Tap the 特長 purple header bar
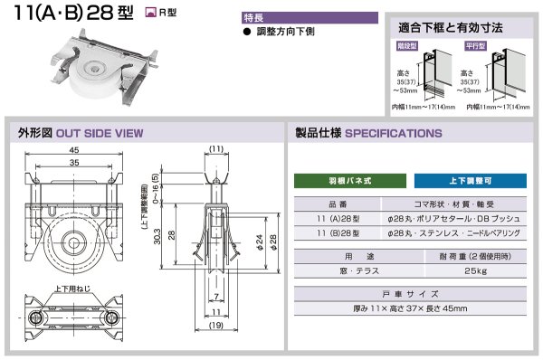[x=309, y=17]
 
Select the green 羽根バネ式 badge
[x=348, y=180]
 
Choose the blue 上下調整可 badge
[x=470, y=180]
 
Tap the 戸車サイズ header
[x=409, y=293]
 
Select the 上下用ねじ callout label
[x=71, y=289]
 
